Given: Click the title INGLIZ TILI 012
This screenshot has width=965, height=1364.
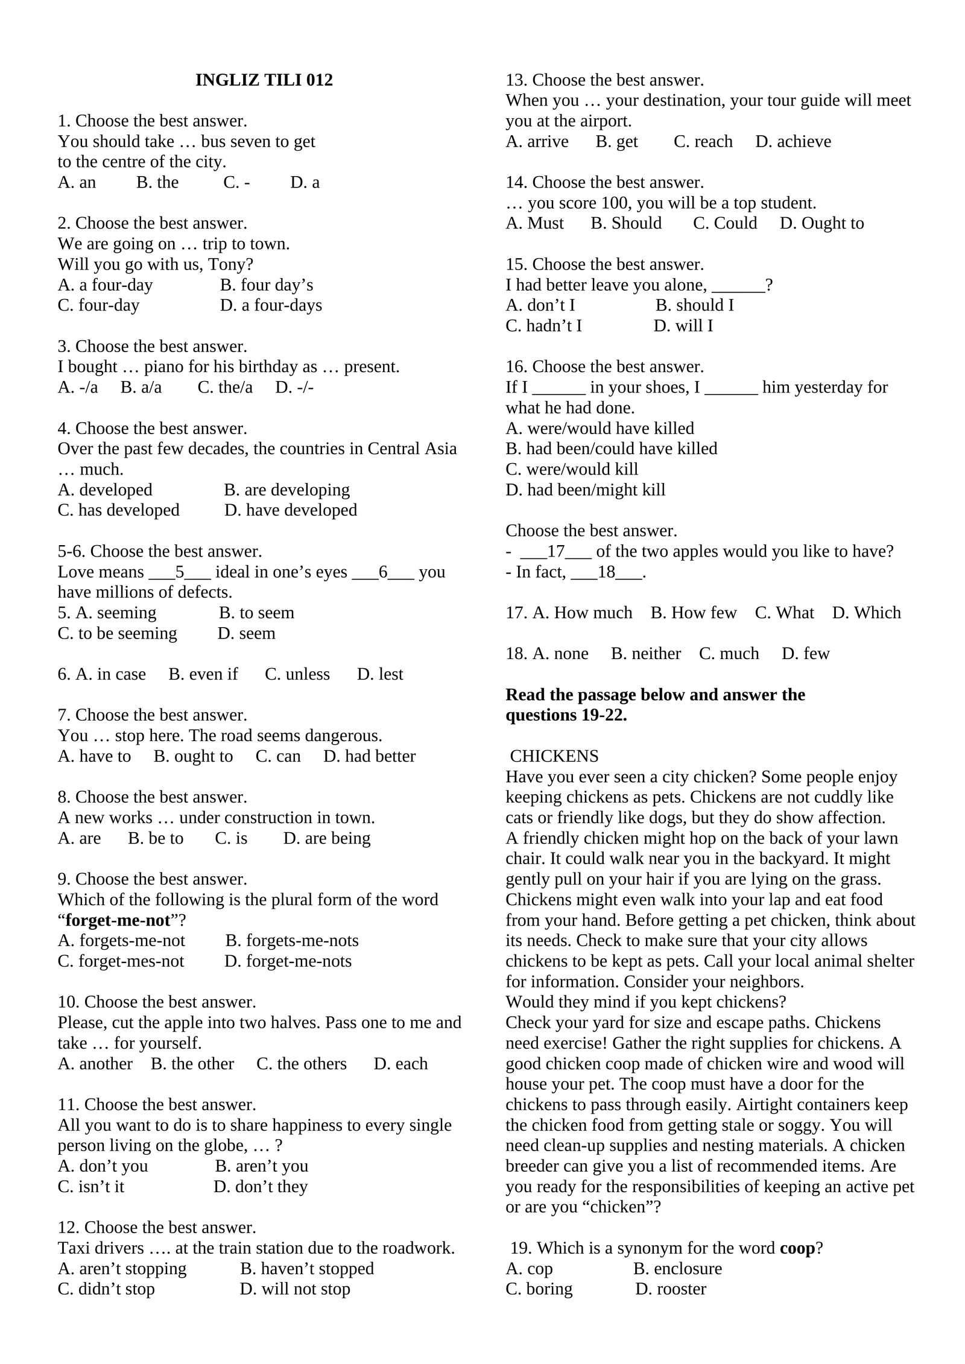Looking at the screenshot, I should (x=264, y=80).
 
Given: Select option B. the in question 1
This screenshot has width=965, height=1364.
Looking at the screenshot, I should (x=157, y=182).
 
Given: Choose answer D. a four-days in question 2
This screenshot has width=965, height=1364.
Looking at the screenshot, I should (x=271, y=305).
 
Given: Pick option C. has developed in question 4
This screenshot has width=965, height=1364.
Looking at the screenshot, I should (x=118, y=510).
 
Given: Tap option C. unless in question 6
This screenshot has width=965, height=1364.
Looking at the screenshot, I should (x=297, y=674).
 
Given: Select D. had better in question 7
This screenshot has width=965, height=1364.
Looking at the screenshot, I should (x=369, y=756).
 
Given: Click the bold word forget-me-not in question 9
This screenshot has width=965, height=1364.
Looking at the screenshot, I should (x=118, y=920).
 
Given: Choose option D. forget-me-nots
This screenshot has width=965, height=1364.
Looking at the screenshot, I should (x=288, y=961).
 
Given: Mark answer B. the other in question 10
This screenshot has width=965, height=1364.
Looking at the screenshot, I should (x=192, y=1064).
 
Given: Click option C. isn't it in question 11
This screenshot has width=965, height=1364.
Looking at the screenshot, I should (x=91, y=1187).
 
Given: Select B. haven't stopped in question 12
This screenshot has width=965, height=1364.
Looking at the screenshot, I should (x=307, y=1269).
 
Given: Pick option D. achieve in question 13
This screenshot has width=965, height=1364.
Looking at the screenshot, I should (x=793, y=141).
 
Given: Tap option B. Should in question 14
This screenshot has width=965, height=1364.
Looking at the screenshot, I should (x=626, y=223).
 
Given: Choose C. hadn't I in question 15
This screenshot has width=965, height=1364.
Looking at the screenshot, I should (x=543, y=326).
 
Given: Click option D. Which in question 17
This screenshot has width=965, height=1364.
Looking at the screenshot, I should (x=866, y=613).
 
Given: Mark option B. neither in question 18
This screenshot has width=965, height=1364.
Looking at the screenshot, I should (x=645, y=654).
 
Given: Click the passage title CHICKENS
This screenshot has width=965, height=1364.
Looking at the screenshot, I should (x=554, y=756).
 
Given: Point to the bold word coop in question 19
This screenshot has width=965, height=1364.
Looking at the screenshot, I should (x=797, y=1248).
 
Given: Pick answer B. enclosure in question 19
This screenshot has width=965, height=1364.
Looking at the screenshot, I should (x=677, y=1269).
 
